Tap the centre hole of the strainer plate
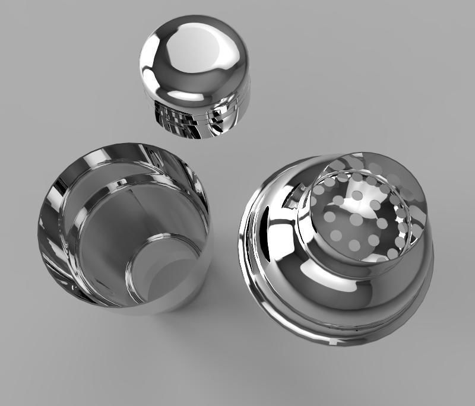click(356, 220)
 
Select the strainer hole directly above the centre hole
click(357, 195)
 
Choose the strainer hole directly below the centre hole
click(355, 245)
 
